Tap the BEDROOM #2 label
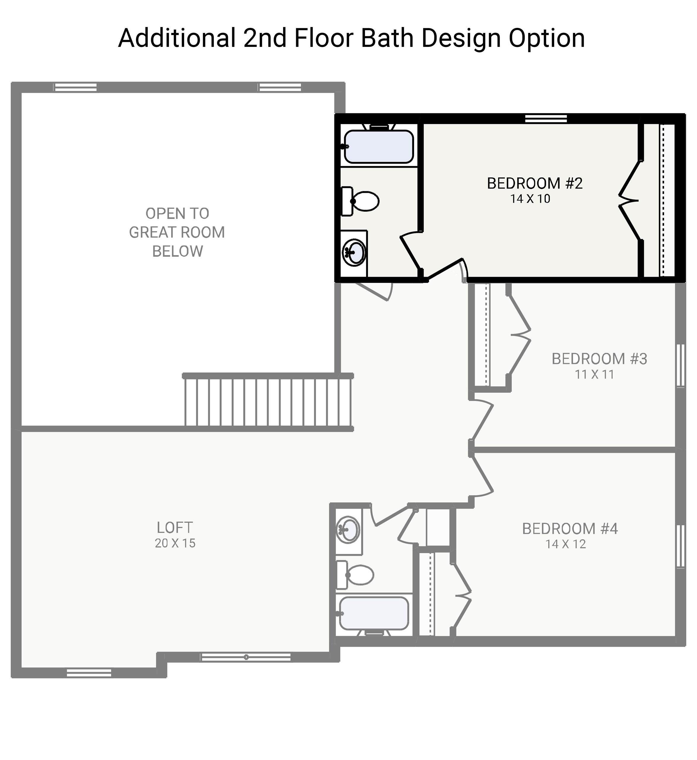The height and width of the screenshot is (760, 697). click(x=535, y=183)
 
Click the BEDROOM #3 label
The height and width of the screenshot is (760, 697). click(x=599, y=359)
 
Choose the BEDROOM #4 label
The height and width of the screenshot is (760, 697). click(x=570, y=529)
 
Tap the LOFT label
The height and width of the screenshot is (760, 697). click(x=175, y=528)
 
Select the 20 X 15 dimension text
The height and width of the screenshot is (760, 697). click(x=175, y=543)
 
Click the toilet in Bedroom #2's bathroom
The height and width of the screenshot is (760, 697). click(x=361, y=201)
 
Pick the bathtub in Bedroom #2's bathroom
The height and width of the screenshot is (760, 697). click(x=379, y=147)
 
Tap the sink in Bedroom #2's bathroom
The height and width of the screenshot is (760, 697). click(x=355, y=252)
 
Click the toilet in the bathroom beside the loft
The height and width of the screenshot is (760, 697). click(x=356, y=575)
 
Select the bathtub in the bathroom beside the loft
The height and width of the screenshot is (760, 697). click(x=373, y=613)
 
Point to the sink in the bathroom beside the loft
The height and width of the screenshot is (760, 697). click(x=348, y=530)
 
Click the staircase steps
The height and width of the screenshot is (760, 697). click(x=268, y=402)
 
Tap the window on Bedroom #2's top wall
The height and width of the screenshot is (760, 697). click(x=546, y=119)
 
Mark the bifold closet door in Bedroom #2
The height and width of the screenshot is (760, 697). click(x=629, y=200)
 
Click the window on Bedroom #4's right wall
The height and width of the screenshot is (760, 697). click(x=680, y=546)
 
